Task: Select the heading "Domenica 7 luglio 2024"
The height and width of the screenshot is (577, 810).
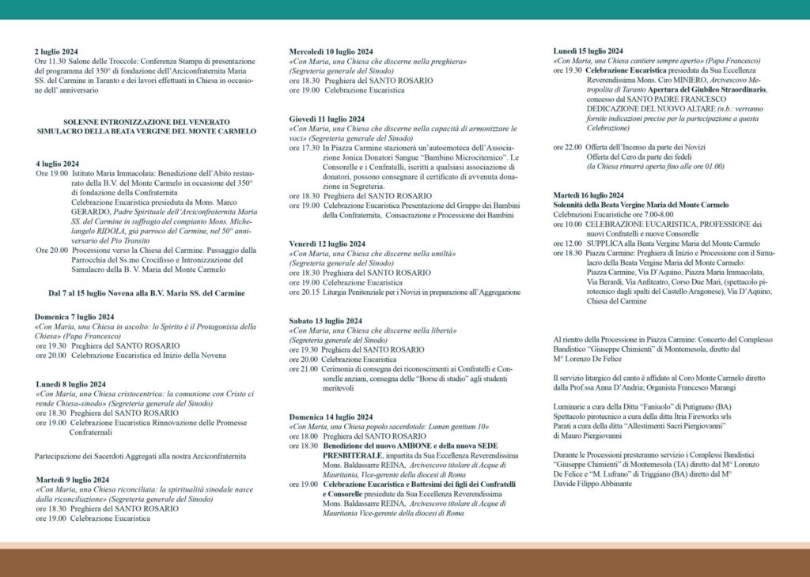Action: (x=75, y=316)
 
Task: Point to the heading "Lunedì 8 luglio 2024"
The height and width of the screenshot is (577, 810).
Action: (x=71, y=384)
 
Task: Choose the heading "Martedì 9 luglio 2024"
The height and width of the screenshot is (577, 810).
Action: (x=73, y=479)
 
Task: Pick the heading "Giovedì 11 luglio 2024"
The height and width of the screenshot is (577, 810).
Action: (x=326, y=119)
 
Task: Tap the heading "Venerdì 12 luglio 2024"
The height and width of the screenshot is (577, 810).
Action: (x=327, y=243)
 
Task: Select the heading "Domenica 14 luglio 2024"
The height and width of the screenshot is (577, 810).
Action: (x=331, y=417)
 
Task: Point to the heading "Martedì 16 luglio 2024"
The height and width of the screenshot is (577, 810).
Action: (x=589, y=195)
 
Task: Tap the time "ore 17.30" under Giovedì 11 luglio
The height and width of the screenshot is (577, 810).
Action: (x=305, y=148)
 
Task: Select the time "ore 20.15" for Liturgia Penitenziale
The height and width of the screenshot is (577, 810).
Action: (x=305, y=292)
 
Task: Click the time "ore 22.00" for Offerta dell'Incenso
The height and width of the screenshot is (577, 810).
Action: (x=568, y=147)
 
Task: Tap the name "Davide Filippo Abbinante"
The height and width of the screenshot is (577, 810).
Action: (x=592, y=484)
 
